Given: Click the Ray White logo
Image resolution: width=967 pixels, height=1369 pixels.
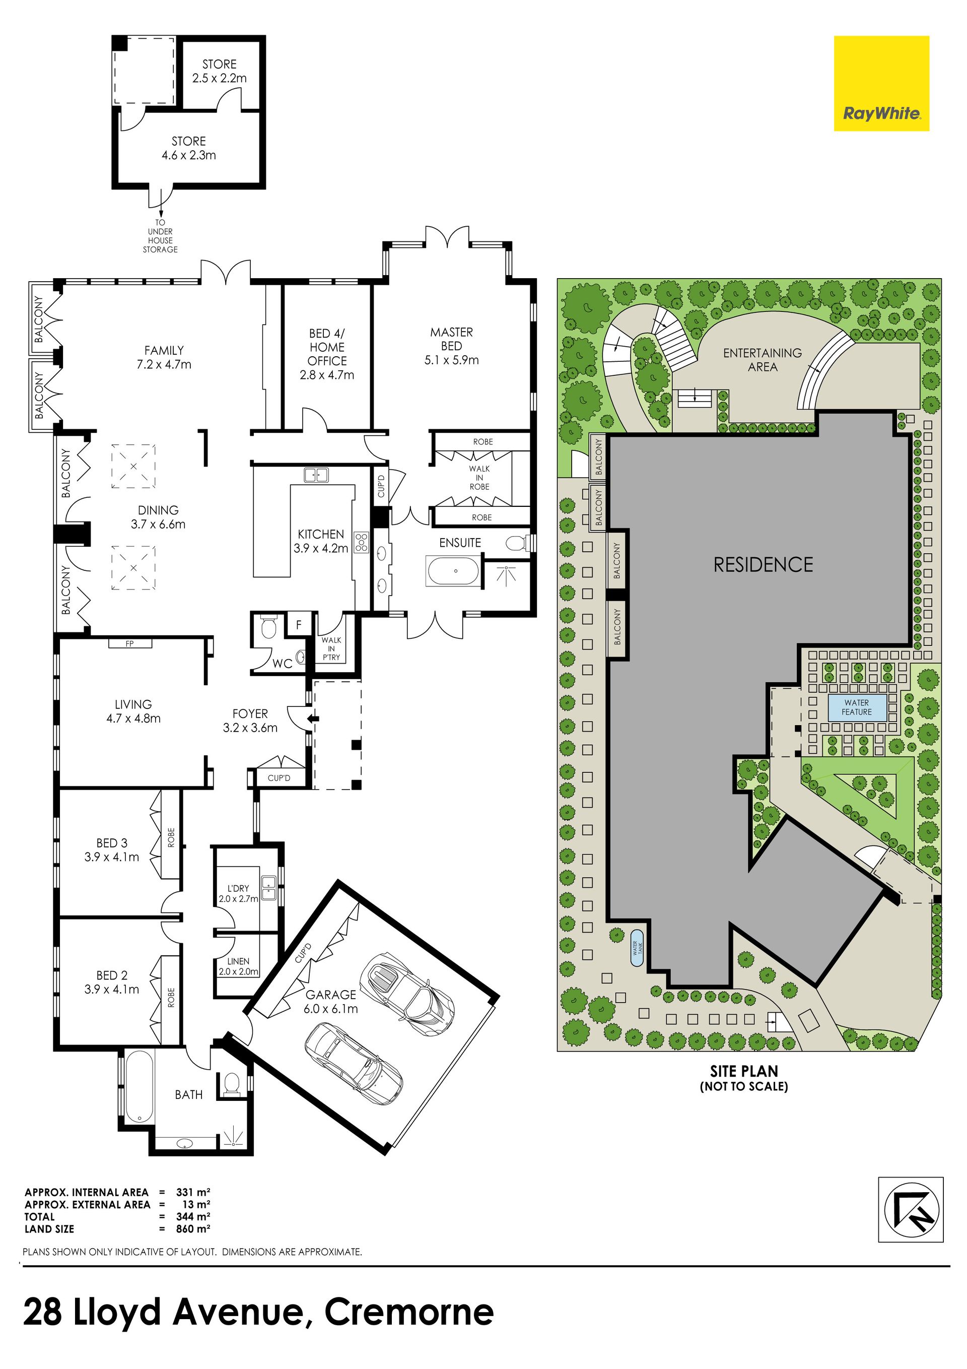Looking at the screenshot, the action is click(x=881, y=84).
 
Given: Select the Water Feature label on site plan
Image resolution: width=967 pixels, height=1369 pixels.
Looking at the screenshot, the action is click(x=857, y=707).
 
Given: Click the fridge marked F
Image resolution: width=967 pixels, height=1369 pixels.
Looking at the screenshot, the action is click(x=299, y=625).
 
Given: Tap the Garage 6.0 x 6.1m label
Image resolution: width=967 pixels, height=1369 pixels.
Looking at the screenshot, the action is click(x=331, y=1002).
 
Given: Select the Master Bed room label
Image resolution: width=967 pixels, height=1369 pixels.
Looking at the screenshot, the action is click(x=451, y=346).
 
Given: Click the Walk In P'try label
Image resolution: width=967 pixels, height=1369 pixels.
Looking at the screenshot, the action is click(x=331, y=648).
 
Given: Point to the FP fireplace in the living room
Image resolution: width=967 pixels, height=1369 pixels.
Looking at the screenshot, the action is click(x=130, y=643).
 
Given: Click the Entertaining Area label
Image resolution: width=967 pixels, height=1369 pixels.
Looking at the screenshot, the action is click(x=763, y=360).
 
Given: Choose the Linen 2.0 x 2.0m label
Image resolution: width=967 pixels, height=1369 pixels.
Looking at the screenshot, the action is click(x=238, y=966).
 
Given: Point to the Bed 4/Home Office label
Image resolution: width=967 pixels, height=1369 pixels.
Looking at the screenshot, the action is click(x=327, y=354).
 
